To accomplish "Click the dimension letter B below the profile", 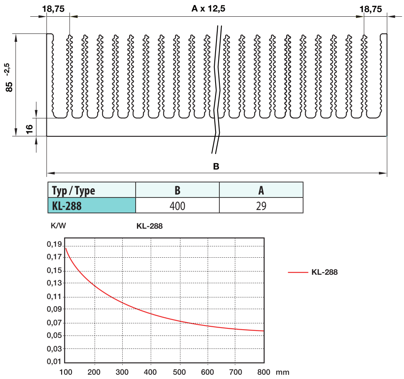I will point(216,166).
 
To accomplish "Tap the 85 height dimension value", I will point(10,86).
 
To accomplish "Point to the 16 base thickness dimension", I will point(29,129).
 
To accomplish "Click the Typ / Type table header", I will point(74,191).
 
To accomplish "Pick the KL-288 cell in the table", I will point(67,205).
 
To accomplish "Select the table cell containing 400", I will point(178,205).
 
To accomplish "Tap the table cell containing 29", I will point(261,205).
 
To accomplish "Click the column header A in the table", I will point(261,191).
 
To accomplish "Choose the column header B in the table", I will point(178,191).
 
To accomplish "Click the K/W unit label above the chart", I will point(58,226).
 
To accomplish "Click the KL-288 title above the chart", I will point(149,226).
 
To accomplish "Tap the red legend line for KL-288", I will point(298,272).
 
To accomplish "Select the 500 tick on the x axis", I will point(180,371).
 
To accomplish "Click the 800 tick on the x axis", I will point(264,371).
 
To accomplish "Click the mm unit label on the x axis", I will point(282,371).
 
